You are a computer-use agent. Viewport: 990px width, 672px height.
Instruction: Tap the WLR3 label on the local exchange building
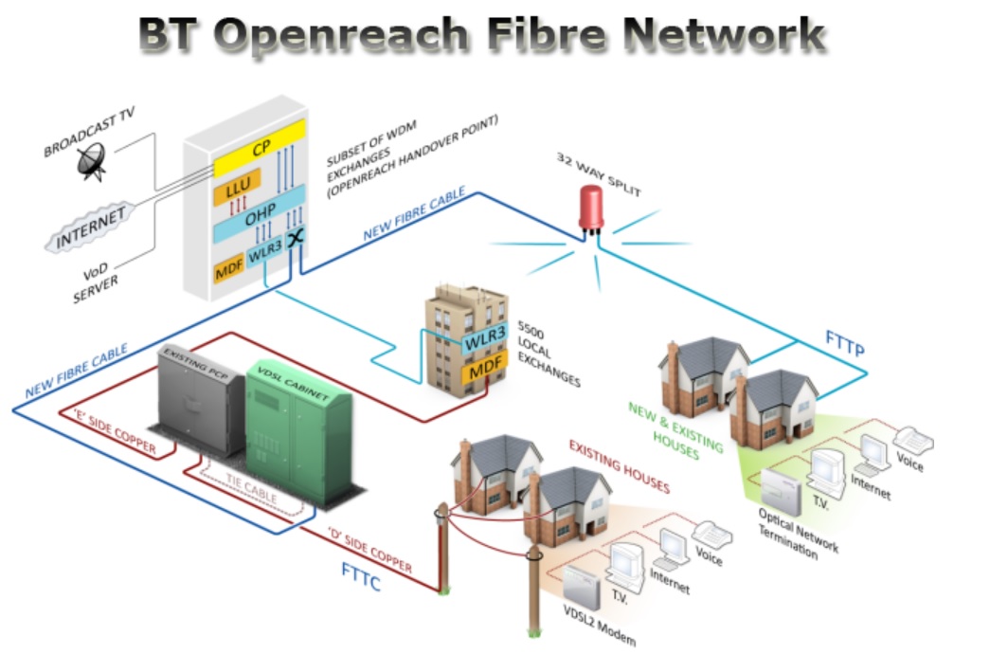point(484,336)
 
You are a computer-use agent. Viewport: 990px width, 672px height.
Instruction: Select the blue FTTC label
point(361,575)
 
